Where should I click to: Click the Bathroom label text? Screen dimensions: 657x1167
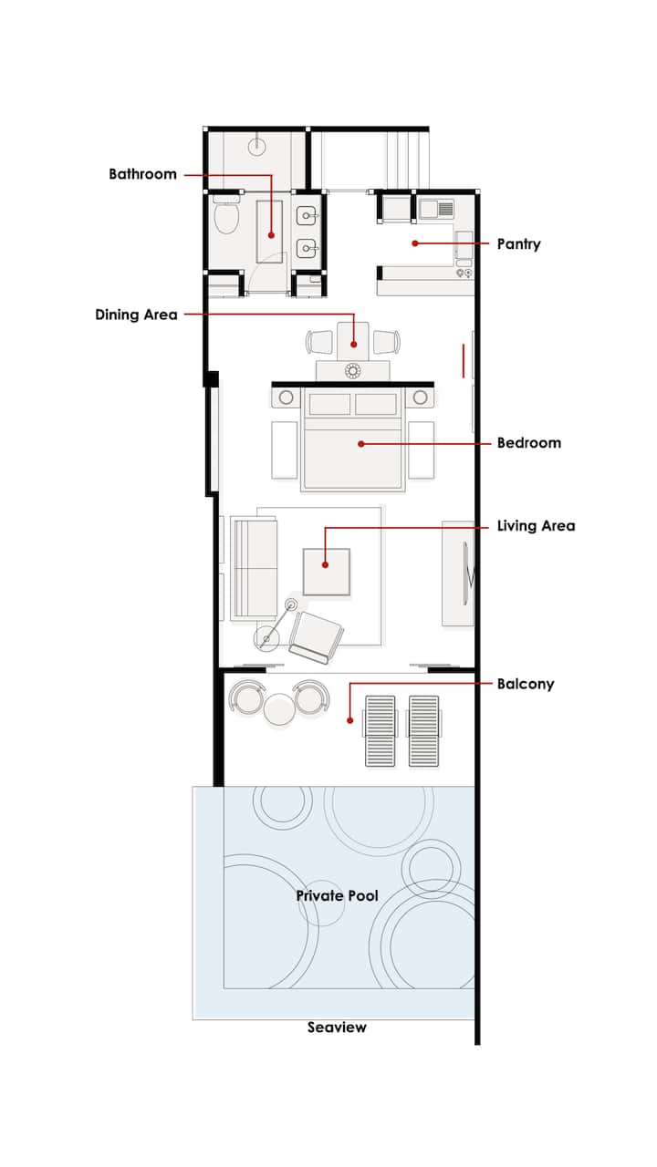point(143,174)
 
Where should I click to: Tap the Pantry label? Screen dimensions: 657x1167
point(519,243)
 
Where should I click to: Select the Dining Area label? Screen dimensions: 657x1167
point(136,315)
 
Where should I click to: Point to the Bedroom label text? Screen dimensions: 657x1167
point(529,443)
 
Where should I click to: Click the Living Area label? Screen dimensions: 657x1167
point(536,526)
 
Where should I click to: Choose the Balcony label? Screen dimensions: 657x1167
point(526,684)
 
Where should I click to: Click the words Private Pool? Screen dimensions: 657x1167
point(338,895)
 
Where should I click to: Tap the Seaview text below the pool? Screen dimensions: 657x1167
point(337,1027)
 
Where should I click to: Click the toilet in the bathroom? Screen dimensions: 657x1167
point(226,215)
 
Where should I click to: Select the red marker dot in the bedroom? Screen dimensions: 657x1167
point(360,444)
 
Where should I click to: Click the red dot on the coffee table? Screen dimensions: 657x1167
point(325,564)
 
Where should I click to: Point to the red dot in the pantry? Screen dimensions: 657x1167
point(415,243)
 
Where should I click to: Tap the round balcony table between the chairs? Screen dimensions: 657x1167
point(279,709)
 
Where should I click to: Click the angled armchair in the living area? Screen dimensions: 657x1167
point(316,637)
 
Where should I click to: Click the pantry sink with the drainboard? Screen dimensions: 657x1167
point(436,210)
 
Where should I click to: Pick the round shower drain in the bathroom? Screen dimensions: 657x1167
point(257,147)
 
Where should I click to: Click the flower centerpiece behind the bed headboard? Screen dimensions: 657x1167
point(353,371)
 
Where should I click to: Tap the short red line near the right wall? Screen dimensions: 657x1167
point(463,360)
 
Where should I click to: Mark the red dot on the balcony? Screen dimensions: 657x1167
point(349,720)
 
